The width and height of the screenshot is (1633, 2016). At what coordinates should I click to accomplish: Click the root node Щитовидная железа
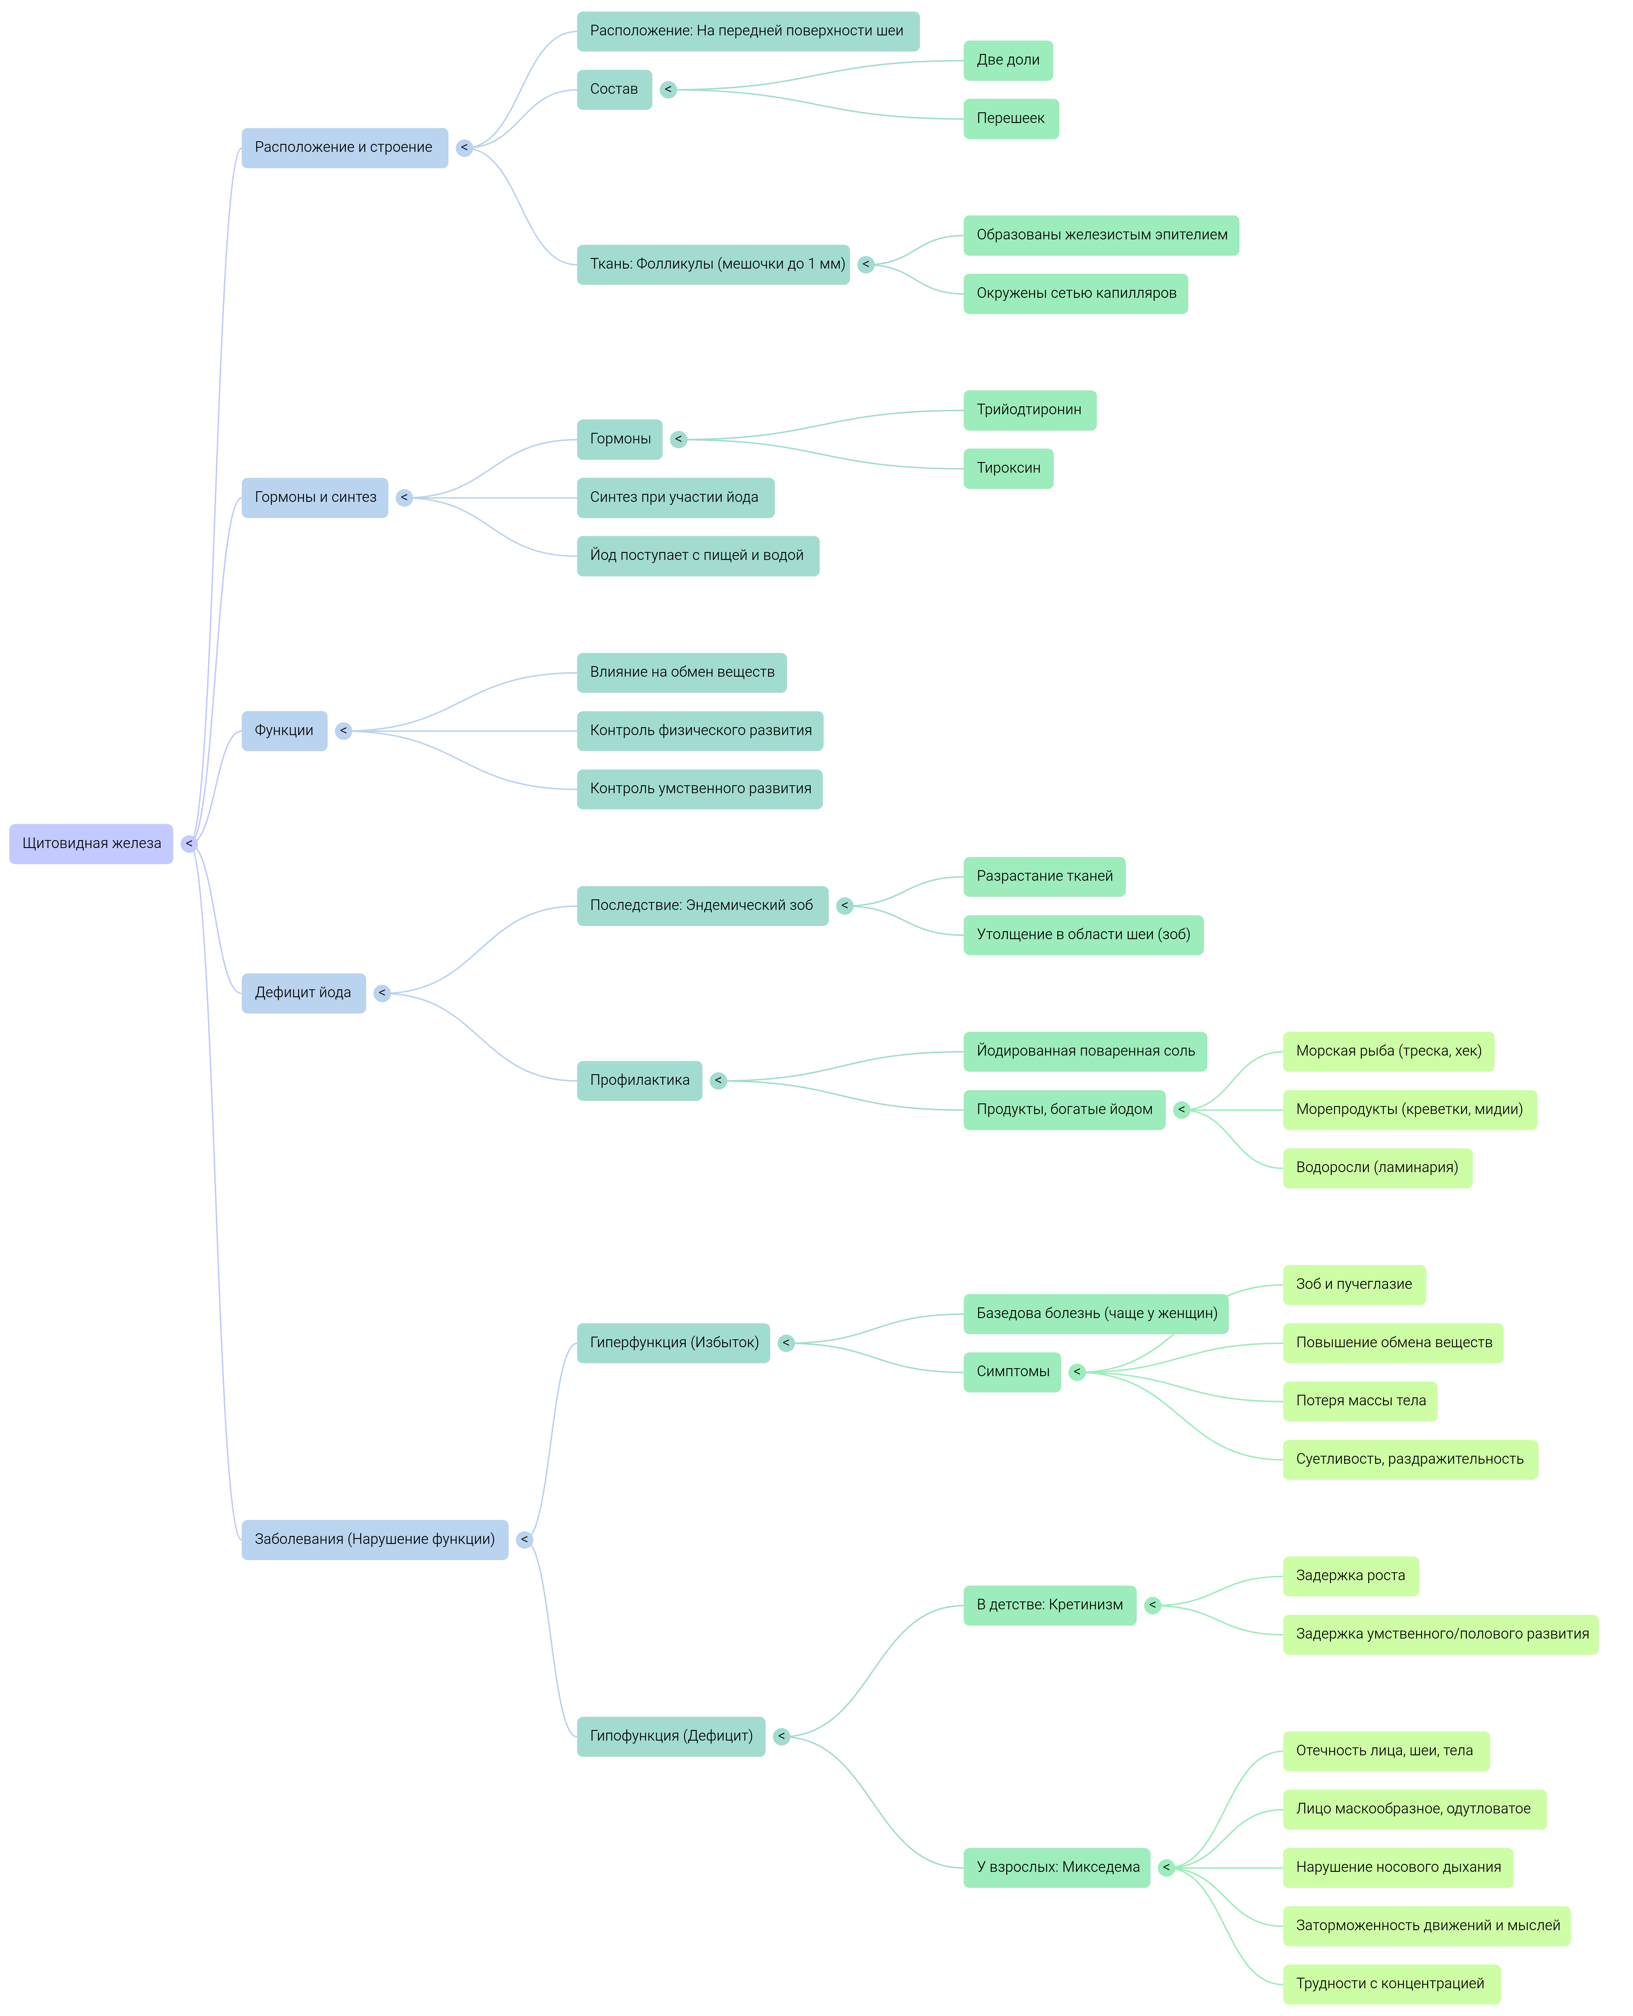point(91,844)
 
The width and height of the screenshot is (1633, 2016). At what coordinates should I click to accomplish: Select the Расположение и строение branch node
point(344,148)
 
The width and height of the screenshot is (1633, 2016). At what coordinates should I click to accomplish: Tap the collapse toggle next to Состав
point(668,89)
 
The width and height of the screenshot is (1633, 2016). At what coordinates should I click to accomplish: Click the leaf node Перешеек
point(1010,119)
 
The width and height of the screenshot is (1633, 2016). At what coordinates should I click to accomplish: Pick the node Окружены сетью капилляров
point(1075,293)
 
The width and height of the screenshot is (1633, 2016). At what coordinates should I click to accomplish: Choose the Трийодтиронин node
point(1029,410)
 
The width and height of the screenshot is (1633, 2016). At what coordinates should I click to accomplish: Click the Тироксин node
point(1008,469)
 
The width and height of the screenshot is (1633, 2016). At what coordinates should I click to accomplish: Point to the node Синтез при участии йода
point(674,498)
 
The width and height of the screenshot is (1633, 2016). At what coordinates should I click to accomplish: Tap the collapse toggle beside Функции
point(343,731)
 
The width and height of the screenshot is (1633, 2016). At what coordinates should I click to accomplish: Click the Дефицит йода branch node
point(303,993)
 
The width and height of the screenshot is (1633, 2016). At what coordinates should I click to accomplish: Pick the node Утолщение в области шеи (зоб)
point(1083,935)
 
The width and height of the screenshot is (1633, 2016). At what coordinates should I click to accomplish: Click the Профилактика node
point(639,1081)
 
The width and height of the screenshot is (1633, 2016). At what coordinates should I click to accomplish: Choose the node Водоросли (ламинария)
point(1376,1168)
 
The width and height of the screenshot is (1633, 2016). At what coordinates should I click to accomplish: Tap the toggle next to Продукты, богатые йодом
point(1181,1110)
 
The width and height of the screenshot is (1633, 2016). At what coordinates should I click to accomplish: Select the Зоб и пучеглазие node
point(1354,1285)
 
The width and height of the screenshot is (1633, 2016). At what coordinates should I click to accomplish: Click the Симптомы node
point(1012,1373)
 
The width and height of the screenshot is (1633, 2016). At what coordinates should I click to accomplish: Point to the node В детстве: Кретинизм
point(1049,1606)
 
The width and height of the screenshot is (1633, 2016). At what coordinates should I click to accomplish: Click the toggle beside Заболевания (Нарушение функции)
point(524,1540)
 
